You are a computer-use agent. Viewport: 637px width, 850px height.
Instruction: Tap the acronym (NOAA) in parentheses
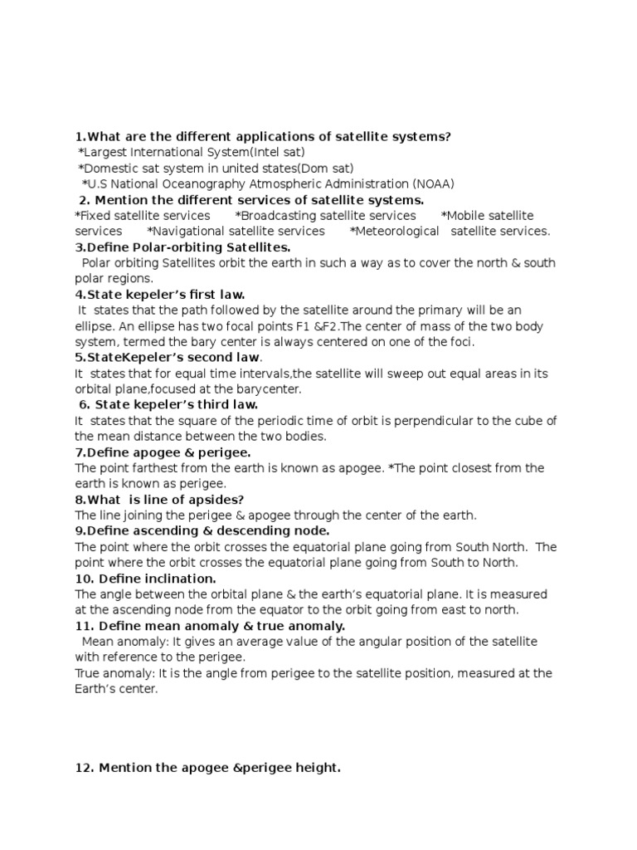coord(433,184)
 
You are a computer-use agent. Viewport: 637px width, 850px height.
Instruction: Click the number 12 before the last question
coord(82,769)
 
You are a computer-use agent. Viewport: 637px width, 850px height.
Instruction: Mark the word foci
coord(461,341)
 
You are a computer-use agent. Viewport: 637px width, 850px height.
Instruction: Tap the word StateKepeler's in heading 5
coord(125,357)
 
